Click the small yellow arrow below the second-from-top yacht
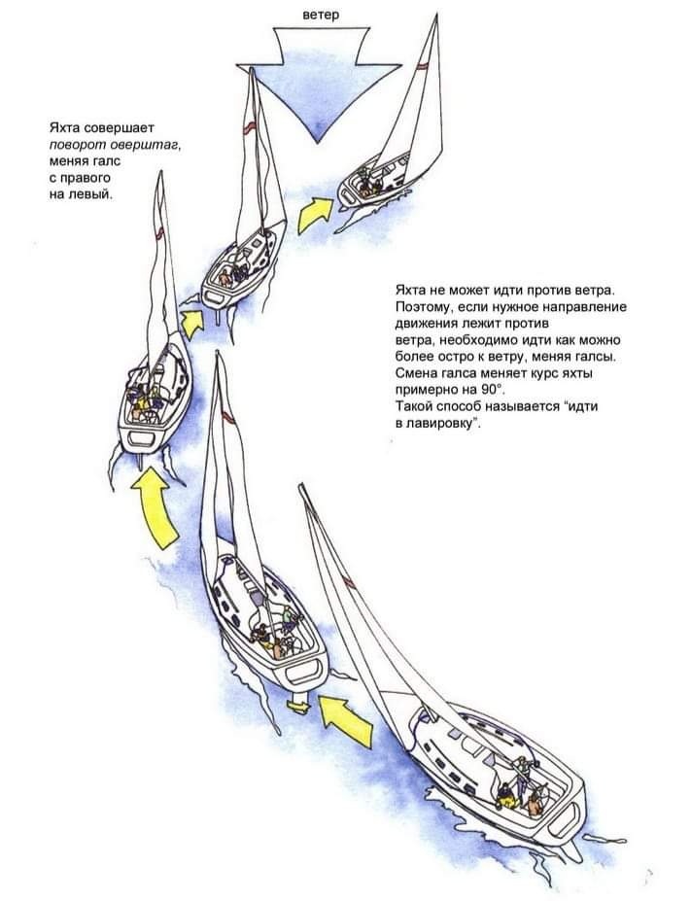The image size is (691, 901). (192, 322)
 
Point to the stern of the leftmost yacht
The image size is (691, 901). (141, 433)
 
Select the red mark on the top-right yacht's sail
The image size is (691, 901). (420, 68)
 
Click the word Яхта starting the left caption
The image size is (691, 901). (66, 127)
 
